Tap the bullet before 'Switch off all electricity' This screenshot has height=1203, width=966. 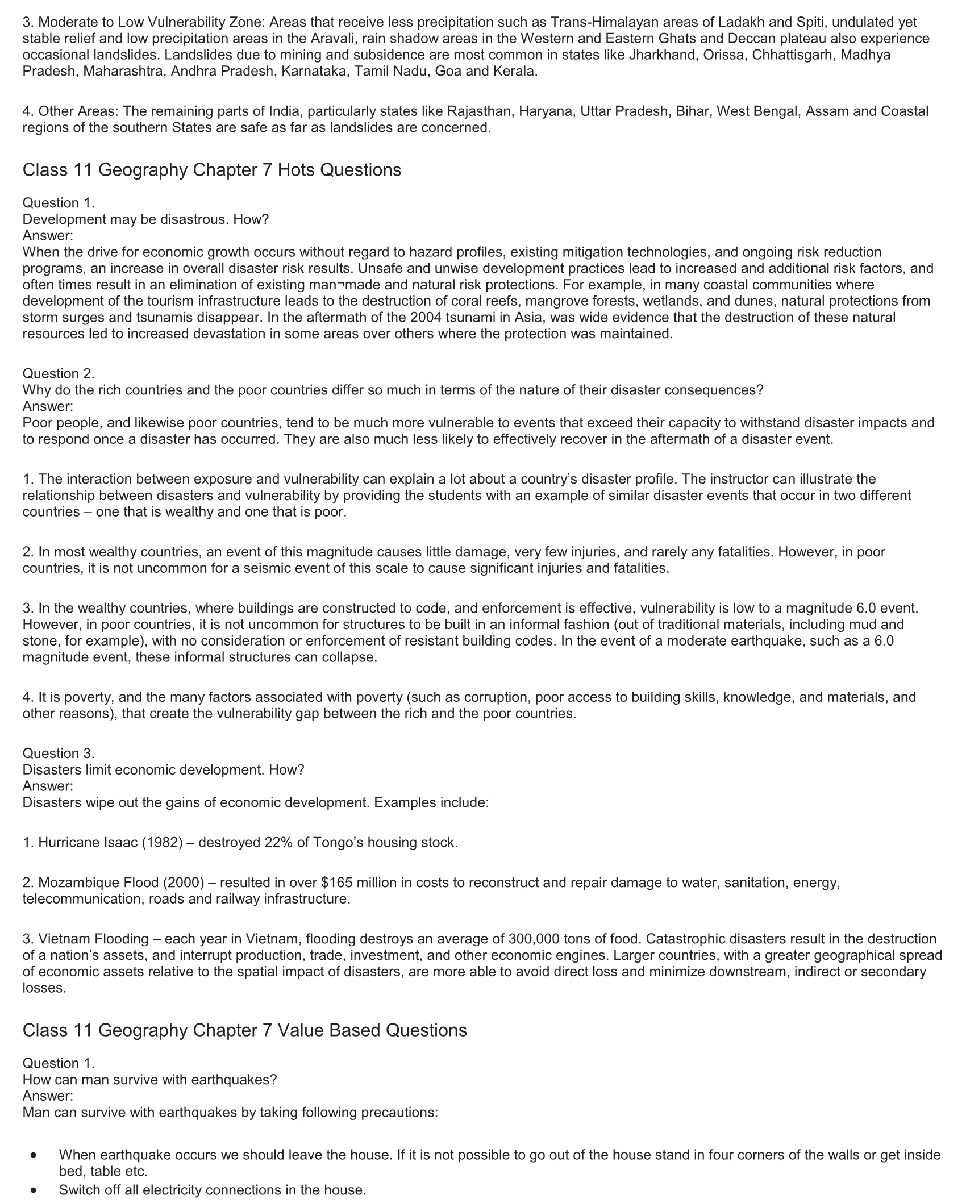[35, 1190]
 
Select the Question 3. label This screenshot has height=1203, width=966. [59, 754]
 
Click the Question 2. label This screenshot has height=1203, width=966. [59, 373]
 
